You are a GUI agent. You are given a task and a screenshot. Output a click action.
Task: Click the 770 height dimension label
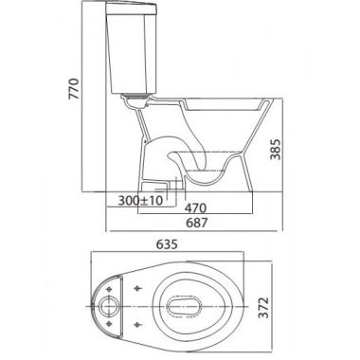click(x=74, y=89)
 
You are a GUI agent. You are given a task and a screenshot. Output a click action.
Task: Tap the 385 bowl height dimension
click(x=276, y=149)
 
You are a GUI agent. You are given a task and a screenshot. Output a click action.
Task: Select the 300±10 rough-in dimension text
click(x=140, y=200)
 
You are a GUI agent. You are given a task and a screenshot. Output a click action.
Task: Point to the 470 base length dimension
click(x=195, y=208)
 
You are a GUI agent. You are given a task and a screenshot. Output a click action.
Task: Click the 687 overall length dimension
click(x=196, y=223)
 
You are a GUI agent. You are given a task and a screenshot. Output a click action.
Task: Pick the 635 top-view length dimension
click(x=166, y=243)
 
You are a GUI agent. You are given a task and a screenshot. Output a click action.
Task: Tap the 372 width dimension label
click(x=263, y=308)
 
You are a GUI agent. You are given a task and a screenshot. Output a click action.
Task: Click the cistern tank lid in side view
click(x=131, y=9)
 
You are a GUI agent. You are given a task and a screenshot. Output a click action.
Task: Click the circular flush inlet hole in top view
click(x=109, y=307)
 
